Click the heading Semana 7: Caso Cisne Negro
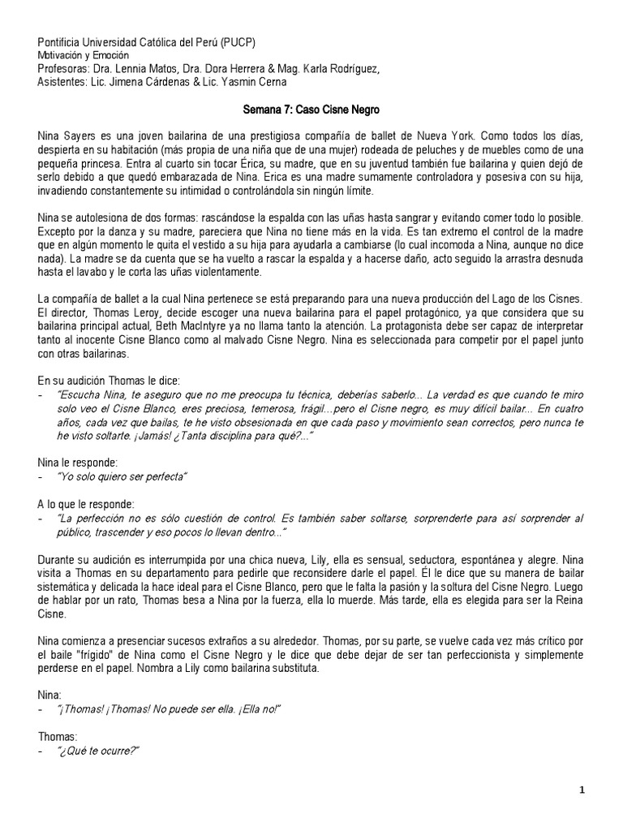click(x=311, y=108)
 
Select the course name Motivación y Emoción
click(x=84, y=55)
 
